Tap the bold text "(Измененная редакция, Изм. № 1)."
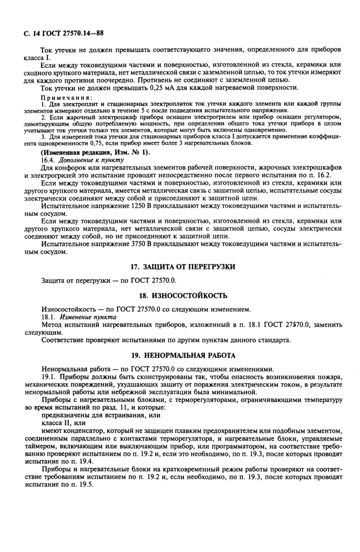click(95, 153)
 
